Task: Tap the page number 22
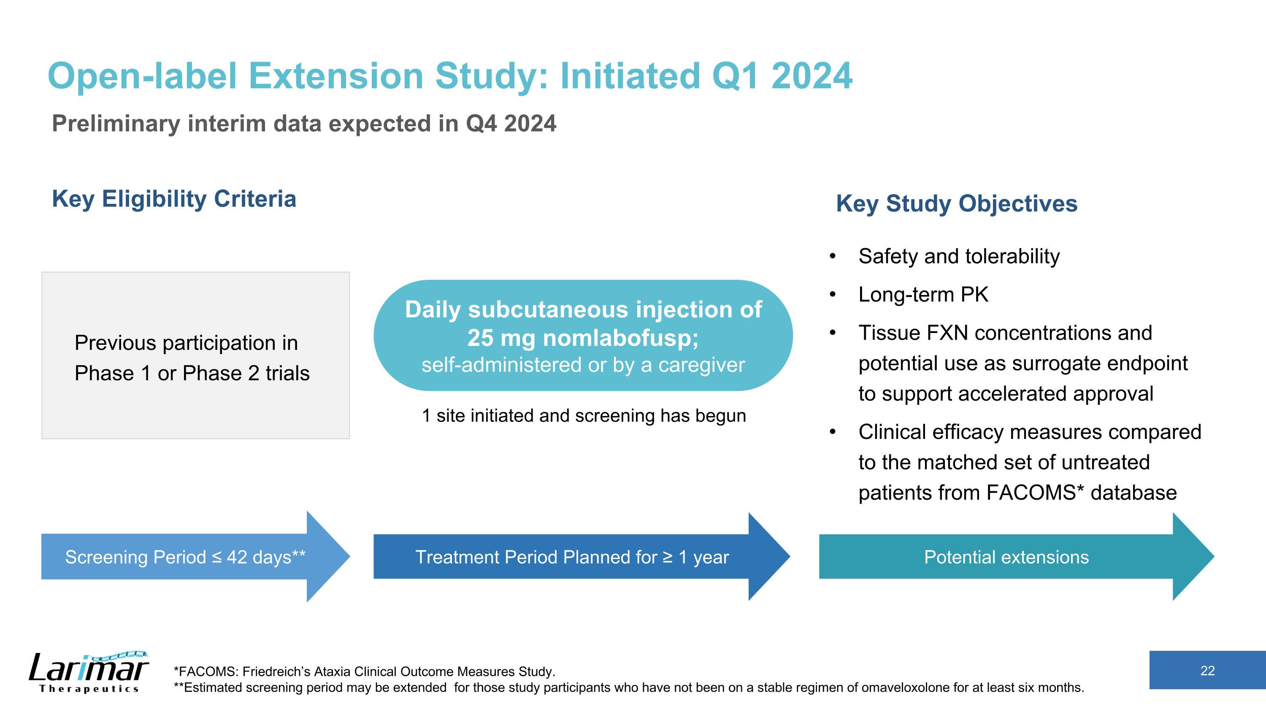(1207, 671)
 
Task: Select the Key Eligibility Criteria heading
(174, 199)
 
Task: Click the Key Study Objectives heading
(956, 203)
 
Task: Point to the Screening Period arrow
(185, 557)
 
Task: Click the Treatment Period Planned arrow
(571, 557)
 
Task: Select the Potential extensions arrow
(1006, 557)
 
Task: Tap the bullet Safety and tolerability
(958, 257)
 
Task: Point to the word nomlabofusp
(620, 338)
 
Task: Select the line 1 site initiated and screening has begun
(583, 416)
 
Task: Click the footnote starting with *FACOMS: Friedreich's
(364, 671)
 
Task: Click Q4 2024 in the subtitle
(511, 123)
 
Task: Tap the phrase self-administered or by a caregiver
(583, 365)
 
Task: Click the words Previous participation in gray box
(186, 343)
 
